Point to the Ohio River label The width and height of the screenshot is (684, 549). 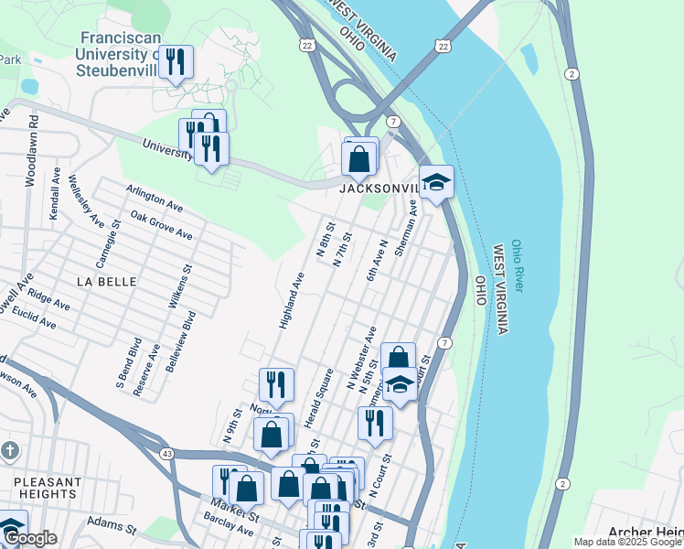[x=518, y=265]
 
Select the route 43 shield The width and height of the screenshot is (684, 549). [x=166, y=453]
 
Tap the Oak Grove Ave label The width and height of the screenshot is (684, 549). [x=161, y=224]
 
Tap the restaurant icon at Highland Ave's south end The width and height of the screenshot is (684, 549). [x=276, y=385]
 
